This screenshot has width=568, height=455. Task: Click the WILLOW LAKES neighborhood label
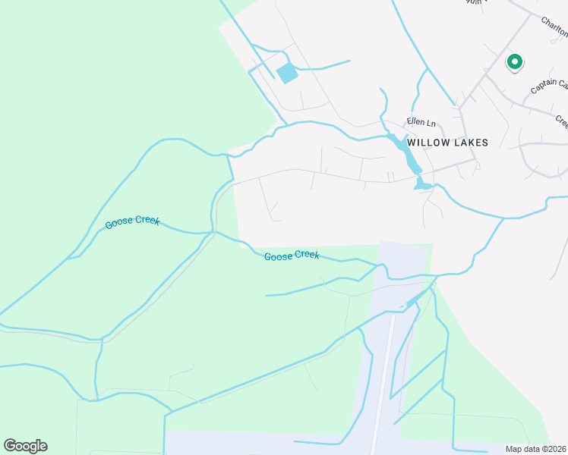447,142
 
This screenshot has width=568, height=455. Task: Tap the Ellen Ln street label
421,122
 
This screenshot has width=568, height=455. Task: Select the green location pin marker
515,62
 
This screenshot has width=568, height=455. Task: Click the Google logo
25,446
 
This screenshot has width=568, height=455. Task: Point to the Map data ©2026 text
536,449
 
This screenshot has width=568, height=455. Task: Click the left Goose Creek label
132,222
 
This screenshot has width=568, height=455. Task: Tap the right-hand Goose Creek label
292,256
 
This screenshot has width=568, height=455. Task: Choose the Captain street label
548,86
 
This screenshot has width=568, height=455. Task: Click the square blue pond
287,74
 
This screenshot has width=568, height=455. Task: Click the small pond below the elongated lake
422,184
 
